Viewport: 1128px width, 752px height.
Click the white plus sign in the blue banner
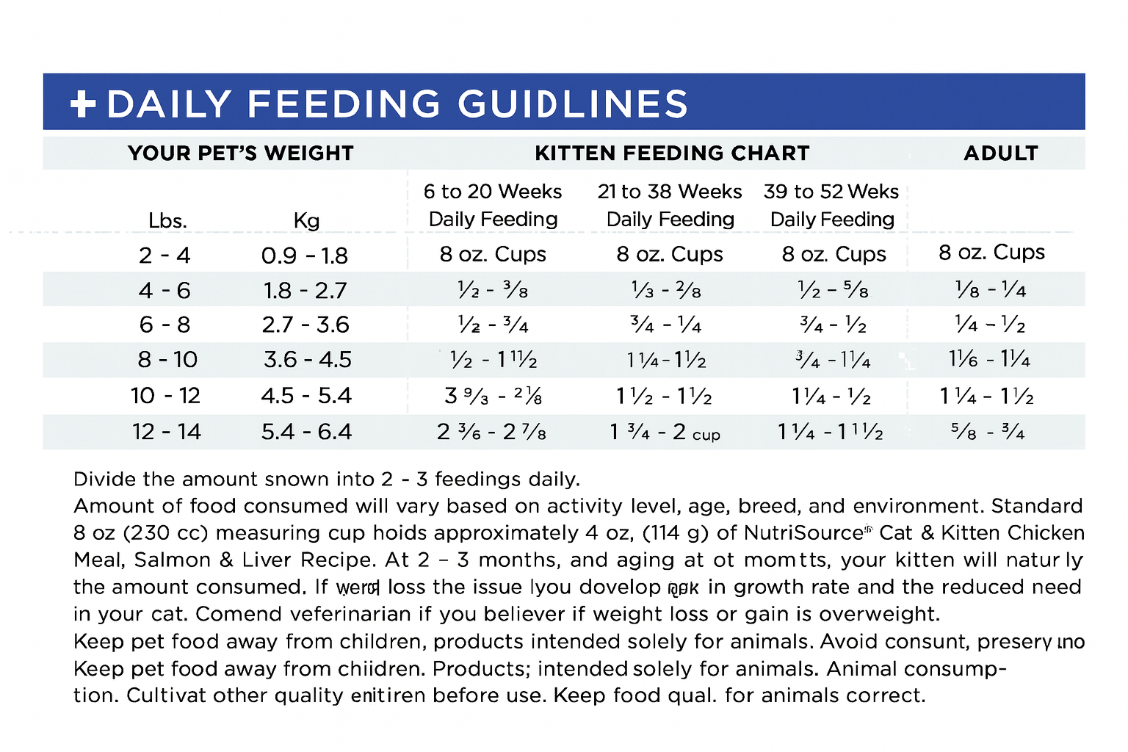83,104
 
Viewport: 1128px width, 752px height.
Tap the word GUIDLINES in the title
573,104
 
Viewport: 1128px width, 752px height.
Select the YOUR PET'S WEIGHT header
241,153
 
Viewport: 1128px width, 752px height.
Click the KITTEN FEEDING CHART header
672,153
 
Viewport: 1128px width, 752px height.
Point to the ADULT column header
1001,153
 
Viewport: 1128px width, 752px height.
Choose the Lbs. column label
167,220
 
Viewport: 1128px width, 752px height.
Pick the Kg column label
306,220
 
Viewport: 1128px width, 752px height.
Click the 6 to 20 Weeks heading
493,192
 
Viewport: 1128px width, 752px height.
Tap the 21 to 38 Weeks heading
670,192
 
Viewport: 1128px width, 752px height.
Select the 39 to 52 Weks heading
831,192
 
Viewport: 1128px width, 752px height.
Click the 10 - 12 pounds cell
166,396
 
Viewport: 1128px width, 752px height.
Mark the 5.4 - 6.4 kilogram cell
307,432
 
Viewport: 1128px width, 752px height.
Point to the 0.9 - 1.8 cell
305,256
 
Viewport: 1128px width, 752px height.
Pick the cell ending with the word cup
665,433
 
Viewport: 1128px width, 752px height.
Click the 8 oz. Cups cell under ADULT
991,253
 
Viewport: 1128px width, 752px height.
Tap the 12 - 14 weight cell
167,432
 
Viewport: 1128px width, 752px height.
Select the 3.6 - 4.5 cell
308,360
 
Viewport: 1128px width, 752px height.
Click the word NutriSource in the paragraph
803,532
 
